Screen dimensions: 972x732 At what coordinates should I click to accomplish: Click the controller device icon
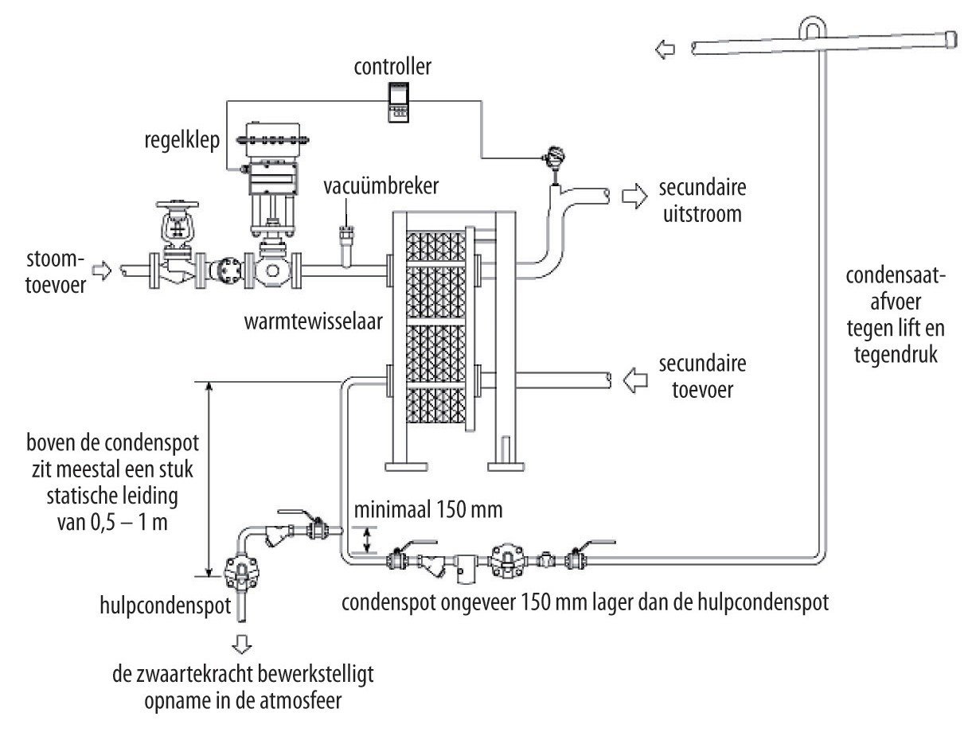pos(398,102)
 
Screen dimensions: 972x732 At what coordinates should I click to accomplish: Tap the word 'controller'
pos(392,66)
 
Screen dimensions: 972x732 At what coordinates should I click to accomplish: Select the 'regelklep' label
pos(182,141)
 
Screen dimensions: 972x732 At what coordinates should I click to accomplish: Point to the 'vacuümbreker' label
pos(381,185)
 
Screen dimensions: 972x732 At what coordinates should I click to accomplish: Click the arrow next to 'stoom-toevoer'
pos(102,271)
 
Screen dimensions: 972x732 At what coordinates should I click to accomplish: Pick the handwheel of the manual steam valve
pos(178,205)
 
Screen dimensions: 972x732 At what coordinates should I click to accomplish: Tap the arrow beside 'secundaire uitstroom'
pos(634,196)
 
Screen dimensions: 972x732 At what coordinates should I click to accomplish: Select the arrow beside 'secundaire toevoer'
pos(635,380)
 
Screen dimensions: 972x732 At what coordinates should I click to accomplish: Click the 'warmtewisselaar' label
pos(313,321)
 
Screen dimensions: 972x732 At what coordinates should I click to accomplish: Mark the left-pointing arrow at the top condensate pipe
pos(666,49)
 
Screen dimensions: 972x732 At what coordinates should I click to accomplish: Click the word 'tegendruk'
pos(896,355)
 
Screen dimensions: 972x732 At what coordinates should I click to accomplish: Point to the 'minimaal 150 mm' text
pos(428,510)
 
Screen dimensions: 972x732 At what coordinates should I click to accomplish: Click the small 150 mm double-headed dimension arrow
pos(367,540)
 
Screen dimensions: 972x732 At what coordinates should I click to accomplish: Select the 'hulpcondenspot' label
pos(165,605)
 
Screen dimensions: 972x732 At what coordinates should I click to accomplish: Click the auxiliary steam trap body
pos(241,571)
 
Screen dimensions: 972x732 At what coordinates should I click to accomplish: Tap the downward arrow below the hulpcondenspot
pos(242,644)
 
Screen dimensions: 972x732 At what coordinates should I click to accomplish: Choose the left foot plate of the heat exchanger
pos(406,466)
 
